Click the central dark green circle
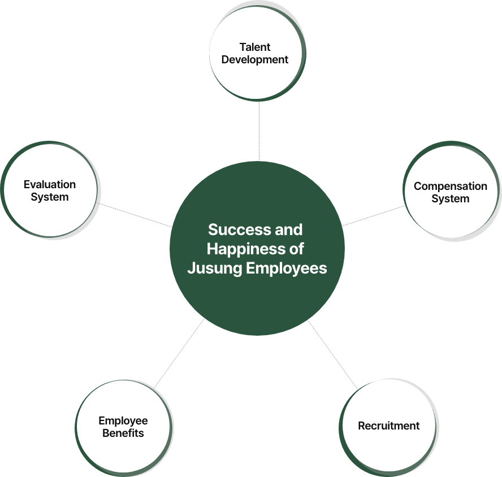click(x=257, y=294)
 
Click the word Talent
click(x=255, y=47)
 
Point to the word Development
click(x=255, y=60)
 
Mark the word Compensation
click(x=450, y=186)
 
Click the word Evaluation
click(x=50, y=184)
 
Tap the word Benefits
click(x=123, y=433)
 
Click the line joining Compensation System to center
click(x=374, y=216)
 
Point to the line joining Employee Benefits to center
click(x=180, y=353)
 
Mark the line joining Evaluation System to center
click(x=136, y=215)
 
